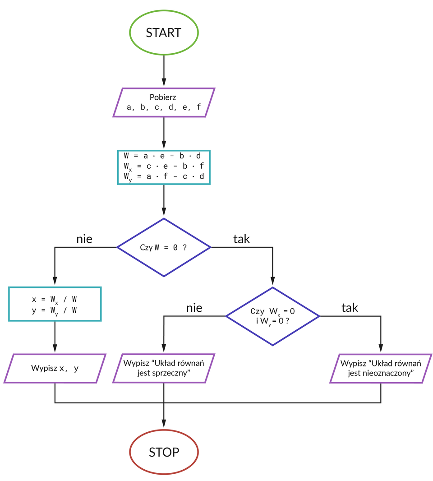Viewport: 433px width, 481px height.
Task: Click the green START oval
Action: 164,32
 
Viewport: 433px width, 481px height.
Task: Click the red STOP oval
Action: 164,452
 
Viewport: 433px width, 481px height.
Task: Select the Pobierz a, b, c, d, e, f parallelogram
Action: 164,102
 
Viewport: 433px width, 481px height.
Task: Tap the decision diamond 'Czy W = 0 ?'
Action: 164,247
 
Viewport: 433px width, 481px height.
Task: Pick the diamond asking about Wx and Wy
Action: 272,316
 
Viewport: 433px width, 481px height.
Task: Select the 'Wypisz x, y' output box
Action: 55,368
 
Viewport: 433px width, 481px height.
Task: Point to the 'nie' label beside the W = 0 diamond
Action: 84,239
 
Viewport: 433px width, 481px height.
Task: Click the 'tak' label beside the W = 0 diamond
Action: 241,239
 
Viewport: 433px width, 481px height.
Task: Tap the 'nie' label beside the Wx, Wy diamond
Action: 194,308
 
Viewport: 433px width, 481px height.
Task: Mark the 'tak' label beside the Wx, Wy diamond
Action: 350,308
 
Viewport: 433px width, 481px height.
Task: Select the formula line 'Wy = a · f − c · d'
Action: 164,177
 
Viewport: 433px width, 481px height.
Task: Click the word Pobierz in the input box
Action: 163,97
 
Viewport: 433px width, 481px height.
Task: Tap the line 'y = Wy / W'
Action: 54,310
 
